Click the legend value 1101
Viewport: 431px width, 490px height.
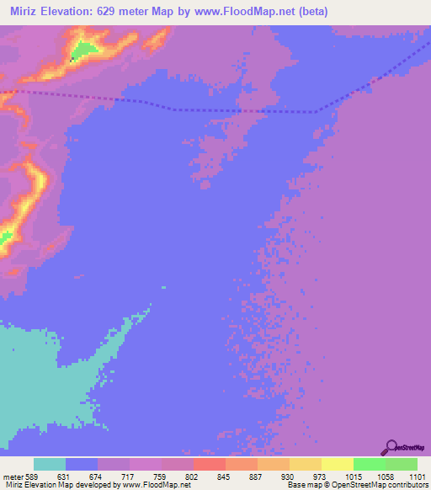418,477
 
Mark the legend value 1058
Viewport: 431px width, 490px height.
385,477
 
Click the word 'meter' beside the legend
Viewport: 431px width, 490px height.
13,477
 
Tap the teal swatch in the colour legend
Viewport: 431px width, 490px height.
50,464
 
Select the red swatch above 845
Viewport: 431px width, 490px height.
209,464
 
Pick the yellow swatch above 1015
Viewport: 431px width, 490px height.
337,464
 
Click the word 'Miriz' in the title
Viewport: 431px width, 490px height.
26,12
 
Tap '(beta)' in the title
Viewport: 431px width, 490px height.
308,12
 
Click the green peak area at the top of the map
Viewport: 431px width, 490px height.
82,51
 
